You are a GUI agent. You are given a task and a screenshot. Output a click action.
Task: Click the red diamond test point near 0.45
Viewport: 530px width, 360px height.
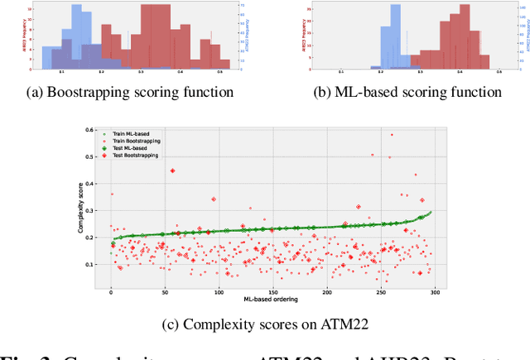click(172, 170)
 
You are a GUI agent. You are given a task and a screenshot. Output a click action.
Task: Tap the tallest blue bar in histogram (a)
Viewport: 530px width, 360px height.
click(77, 33)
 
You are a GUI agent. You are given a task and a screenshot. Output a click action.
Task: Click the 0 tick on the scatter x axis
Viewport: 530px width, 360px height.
click(111, 291)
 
